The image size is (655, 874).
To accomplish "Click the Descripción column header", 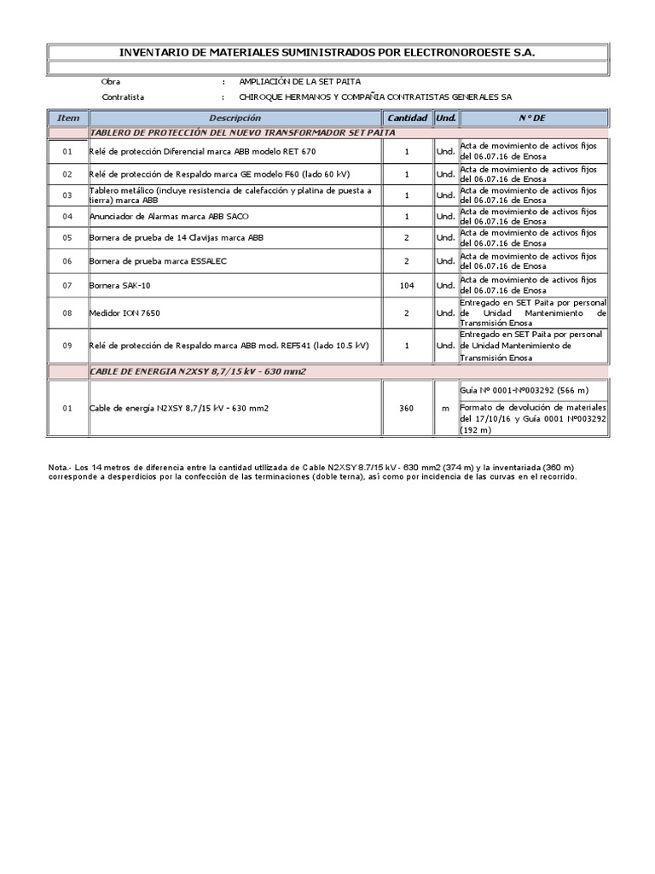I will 235,118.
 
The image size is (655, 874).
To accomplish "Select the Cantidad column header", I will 407,118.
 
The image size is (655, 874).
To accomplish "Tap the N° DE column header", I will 531,118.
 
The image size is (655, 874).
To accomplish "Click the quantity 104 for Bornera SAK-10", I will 407,285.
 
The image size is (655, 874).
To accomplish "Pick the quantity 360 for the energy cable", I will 407,409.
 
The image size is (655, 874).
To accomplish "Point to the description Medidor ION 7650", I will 125,313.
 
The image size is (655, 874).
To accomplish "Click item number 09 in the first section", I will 68,346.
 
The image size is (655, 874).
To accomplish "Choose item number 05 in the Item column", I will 68,237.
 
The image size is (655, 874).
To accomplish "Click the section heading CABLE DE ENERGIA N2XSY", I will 198,372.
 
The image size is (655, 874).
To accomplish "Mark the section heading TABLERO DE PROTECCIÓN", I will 242,133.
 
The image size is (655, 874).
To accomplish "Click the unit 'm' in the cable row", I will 445,409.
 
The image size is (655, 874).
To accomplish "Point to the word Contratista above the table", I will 123,97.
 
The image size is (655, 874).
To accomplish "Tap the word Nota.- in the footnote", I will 61,467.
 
